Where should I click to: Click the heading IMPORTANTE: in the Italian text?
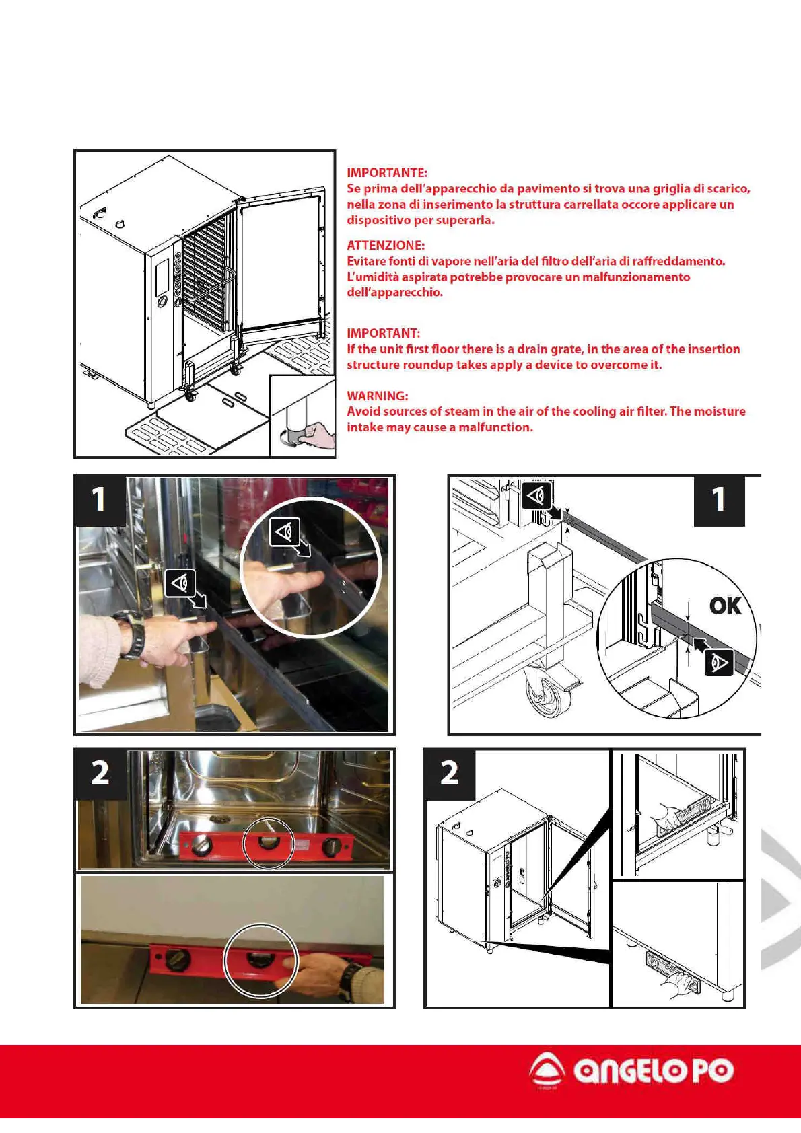386,173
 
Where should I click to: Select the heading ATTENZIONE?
385,246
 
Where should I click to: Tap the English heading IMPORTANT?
383,333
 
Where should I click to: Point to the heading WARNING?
377,396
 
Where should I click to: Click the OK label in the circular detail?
725,606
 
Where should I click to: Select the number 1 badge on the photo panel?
99,500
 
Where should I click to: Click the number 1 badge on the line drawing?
718,500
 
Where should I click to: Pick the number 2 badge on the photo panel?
100,773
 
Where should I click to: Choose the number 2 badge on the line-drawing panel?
449,773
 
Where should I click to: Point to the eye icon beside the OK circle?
720,663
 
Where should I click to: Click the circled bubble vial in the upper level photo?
267,844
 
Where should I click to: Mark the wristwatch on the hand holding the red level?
348,981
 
